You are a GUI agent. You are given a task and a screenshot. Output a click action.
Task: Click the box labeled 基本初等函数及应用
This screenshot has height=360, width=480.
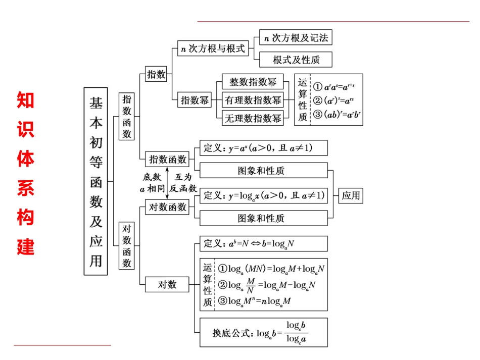(96, 180)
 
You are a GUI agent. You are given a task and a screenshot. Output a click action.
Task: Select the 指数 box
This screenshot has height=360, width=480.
(156, 75)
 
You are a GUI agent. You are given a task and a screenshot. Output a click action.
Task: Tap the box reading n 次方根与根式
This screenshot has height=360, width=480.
(214, 49)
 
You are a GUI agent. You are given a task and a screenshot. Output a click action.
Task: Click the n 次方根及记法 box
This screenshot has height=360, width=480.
(296, 38)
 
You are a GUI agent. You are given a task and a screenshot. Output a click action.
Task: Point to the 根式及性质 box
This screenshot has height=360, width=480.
(296, 60)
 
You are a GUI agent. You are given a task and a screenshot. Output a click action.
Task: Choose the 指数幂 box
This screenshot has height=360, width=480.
(195, 100)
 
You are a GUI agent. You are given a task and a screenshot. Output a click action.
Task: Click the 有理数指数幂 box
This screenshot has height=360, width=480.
(253, 100)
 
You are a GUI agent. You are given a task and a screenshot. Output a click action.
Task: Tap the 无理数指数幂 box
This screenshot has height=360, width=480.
(253, 118)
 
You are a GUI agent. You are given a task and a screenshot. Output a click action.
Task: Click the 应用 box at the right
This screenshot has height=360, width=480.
(351, 195)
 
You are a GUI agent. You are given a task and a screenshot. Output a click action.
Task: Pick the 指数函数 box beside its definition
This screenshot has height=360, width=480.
(167, 160)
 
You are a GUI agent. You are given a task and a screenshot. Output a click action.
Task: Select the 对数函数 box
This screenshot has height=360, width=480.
(167, 207)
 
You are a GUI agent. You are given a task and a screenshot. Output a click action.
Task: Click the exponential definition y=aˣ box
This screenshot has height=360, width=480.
(264, 148)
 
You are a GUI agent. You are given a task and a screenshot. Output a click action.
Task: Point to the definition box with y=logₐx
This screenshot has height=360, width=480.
(264, 195)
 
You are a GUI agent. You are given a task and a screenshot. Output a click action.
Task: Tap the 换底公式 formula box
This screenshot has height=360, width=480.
(264, 332)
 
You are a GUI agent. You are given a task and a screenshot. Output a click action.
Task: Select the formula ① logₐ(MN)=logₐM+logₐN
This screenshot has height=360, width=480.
(271, 269)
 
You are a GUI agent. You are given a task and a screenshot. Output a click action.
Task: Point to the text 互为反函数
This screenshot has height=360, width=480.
(183, 183)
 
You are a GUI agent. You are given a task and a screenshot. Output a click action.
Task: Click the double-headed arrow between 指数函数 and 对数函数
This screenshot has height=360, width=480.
(167, 183)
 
